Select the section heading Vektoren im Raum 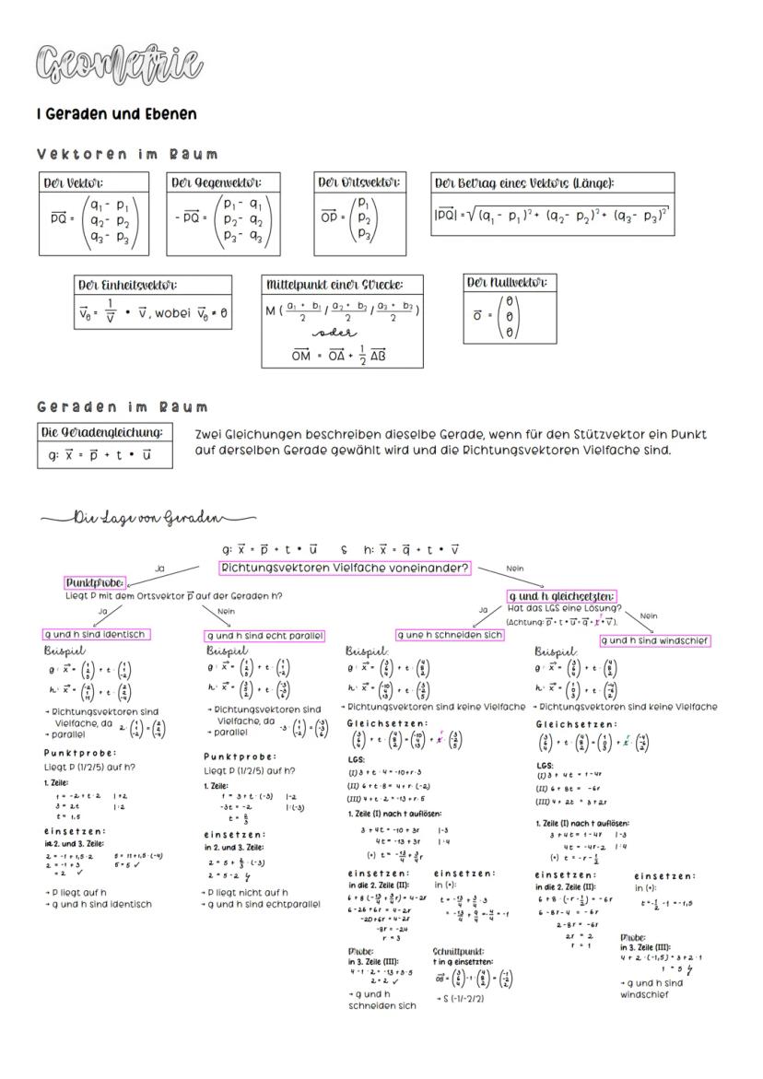pyautogui.click(x=127, y=154)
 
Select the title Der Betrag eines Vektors pyautogui.click(x=523, y=182)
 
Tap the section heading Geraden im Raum pyautogui.click(x=123, y=406)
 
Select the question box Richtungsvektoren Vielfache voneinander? pyautogui.click(x=345, y=569)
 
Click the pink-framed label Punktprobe pyautogui.click(x=95, y=583)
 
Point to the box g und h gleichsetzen pyautogui.click(x=562, y=596)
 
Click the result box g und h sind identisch pyautogui.click(x=96, y=635)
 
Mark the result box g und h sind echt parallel pyautogui.click(x=264, y=635)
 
